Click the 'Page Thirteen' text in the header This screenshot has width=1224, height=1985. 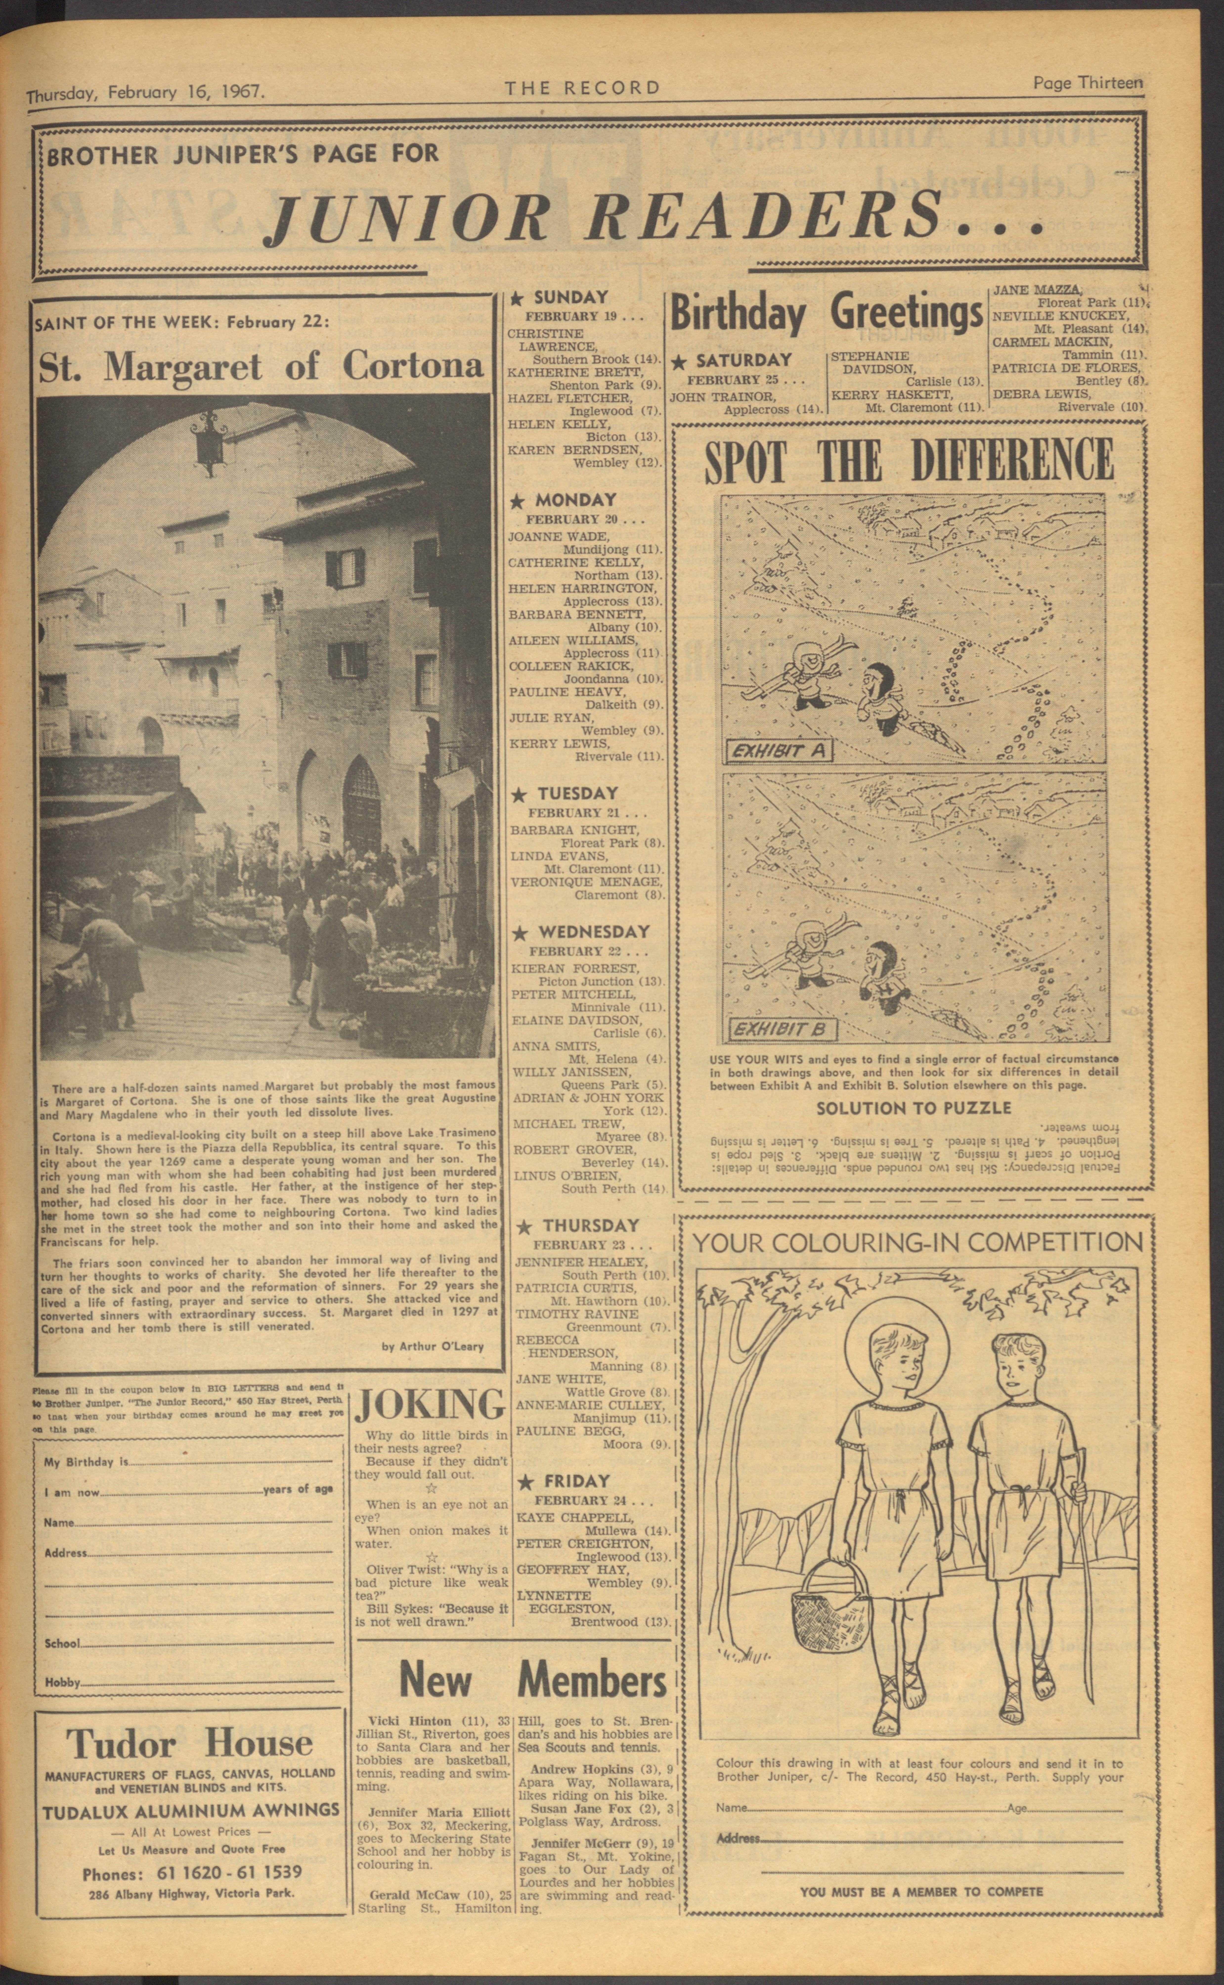click(x=1087, y=83)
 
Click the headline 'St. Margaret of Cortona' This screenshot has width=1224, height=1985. click(x=261, y=367)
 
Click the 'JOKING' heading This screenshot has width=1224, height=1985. click(x=429, y=1406)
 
